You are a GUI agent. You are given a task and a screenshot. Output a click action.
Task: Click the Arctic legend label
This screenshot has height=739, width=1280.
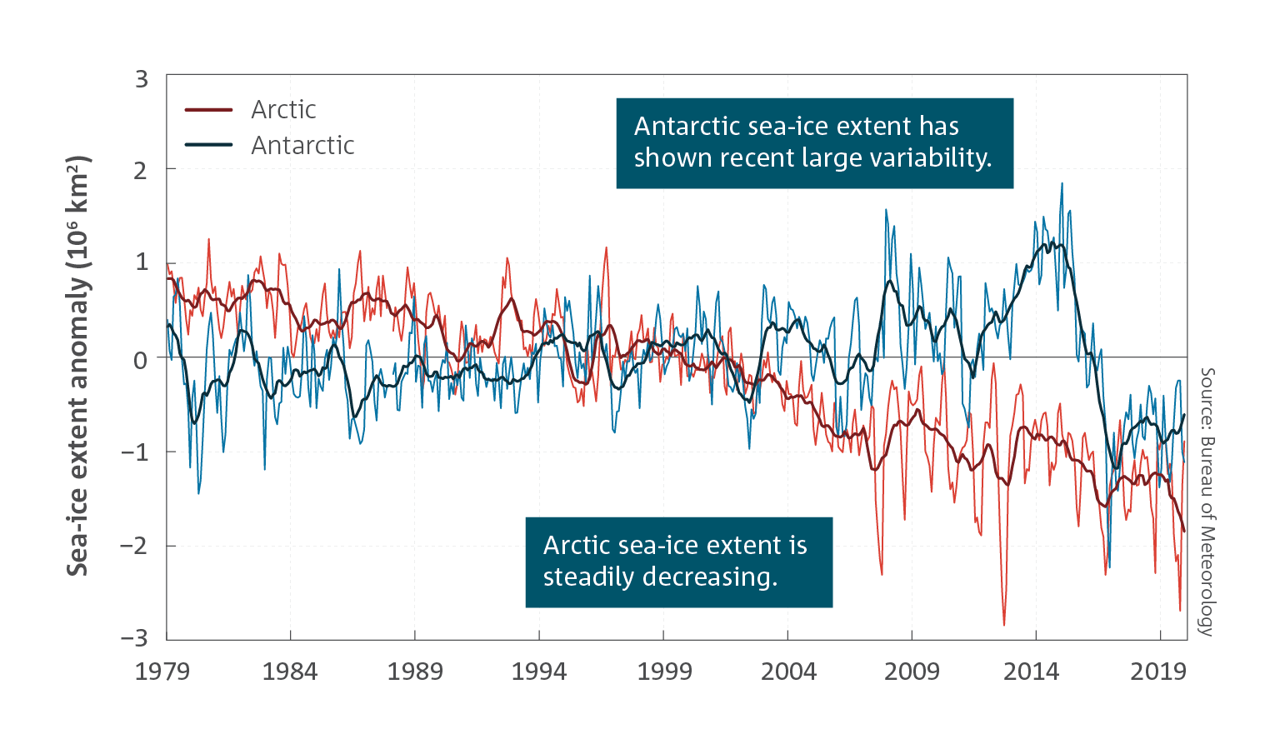283,110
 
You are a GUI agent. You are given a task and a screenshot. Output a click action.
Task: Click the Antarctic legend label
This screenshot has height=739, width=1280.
302,145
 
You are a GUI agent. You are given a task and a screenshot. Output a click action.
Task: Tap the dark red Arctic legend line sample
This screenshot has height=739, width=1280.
208,110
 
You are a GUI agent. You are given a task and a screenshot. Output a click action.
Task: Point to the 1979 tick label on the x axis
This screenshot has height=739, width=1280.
162,672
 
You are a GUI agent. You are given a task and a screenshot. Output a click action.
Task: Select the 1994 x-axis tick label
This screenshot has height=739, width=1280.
539,672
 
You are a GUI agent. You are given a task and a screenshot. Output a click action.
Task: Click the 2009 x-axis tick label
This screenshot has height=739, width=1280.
912,672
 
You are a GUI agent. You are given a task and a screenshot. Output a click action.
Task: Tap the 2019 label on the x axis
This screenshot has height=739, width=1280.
1158,672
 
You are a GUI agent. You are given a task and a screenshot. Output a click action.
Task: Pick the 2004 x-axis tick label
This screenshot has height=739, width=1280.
788,672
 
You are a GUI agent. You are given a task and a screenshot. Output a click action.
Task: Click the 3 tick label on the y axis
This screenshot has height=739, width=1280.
142,79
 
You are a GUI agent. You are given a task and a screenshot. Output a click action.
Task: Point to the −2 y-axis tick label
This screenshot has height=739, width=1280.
134,546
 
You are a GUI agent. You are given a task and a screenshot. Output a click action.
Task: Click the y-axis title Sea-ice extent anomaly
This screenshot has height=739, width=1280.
77,366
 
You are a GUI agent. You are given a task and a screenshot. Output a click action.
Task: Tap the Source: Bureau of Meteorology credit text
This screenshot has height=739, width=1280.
1207,502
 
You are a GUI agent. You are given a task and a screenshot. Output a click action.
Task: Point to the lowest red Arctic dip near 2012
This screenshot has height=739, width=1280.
1004,625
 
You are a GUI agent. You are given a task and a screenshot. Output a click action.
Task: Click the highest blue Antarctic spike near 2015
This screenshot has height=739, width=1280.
1062,184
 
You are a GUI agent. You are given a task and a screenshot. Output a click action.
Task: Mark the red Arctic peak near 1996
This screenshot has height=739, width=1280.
607,248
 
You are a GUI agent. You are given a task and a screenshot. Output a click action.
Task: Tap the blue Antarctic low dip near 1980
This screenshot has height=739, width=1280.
198,492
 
